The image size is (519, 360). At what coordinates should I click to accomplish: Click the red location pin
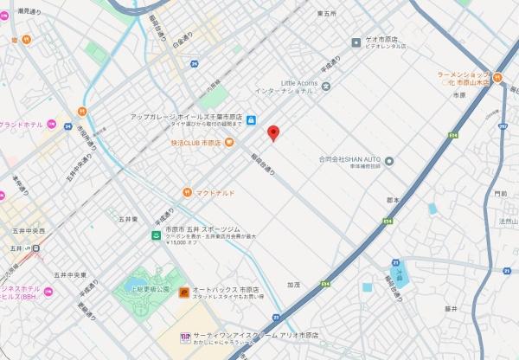click(x=273, y=133)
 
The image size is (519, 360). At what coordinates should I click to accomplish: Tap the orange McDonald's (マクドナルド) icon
click(x=187, y=192)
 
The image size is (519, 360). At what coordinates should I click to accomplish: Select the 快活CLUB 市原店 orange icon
click(x=229, y=142)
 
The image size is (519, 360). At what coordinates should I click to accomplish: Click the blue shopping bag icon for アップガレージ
click(x=251, y=120)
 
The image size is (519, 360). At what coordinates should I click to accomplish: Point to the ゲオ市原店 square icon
click(x=356, y=42)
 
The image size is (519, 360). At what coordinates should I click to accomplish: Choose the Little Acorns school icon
click(x=326, y=86)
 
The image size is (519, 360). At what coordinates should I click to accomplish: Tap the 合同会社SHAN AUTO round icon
click(x=389, y=160)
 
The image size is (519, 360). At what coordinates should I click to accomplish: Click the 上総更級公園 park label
click(x=151, y=288)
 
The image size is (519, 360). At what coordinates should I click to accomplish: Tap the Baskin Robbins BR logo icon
click(x=184, y=337)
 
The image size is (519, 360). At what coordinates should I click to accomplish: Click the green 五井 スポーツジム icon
click(x=157, y=235)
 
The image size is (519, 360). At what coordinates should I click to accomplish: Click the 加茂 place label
click(x=294, y=284)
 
